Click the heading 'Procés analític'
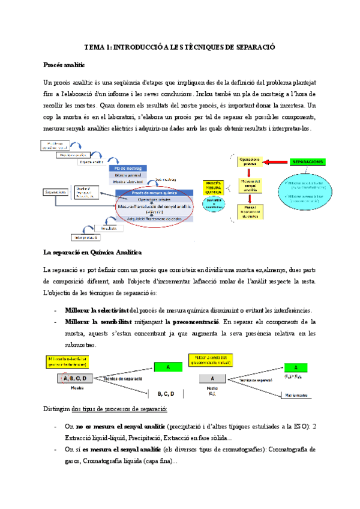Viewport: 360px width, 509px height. tap(64, 64)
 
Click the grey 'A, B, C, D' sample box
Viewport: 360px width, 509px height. tap(75, 378)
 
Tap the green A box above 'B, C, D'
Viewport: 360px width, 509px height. tap(169, 367)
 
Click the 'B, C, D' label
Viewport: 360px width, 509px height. tap(166, 394)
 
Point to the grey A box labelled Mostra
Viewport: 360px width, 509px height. tap(212, 378)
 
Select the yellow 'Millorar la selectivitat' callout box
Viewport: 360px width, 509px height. tap(68, 360)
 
